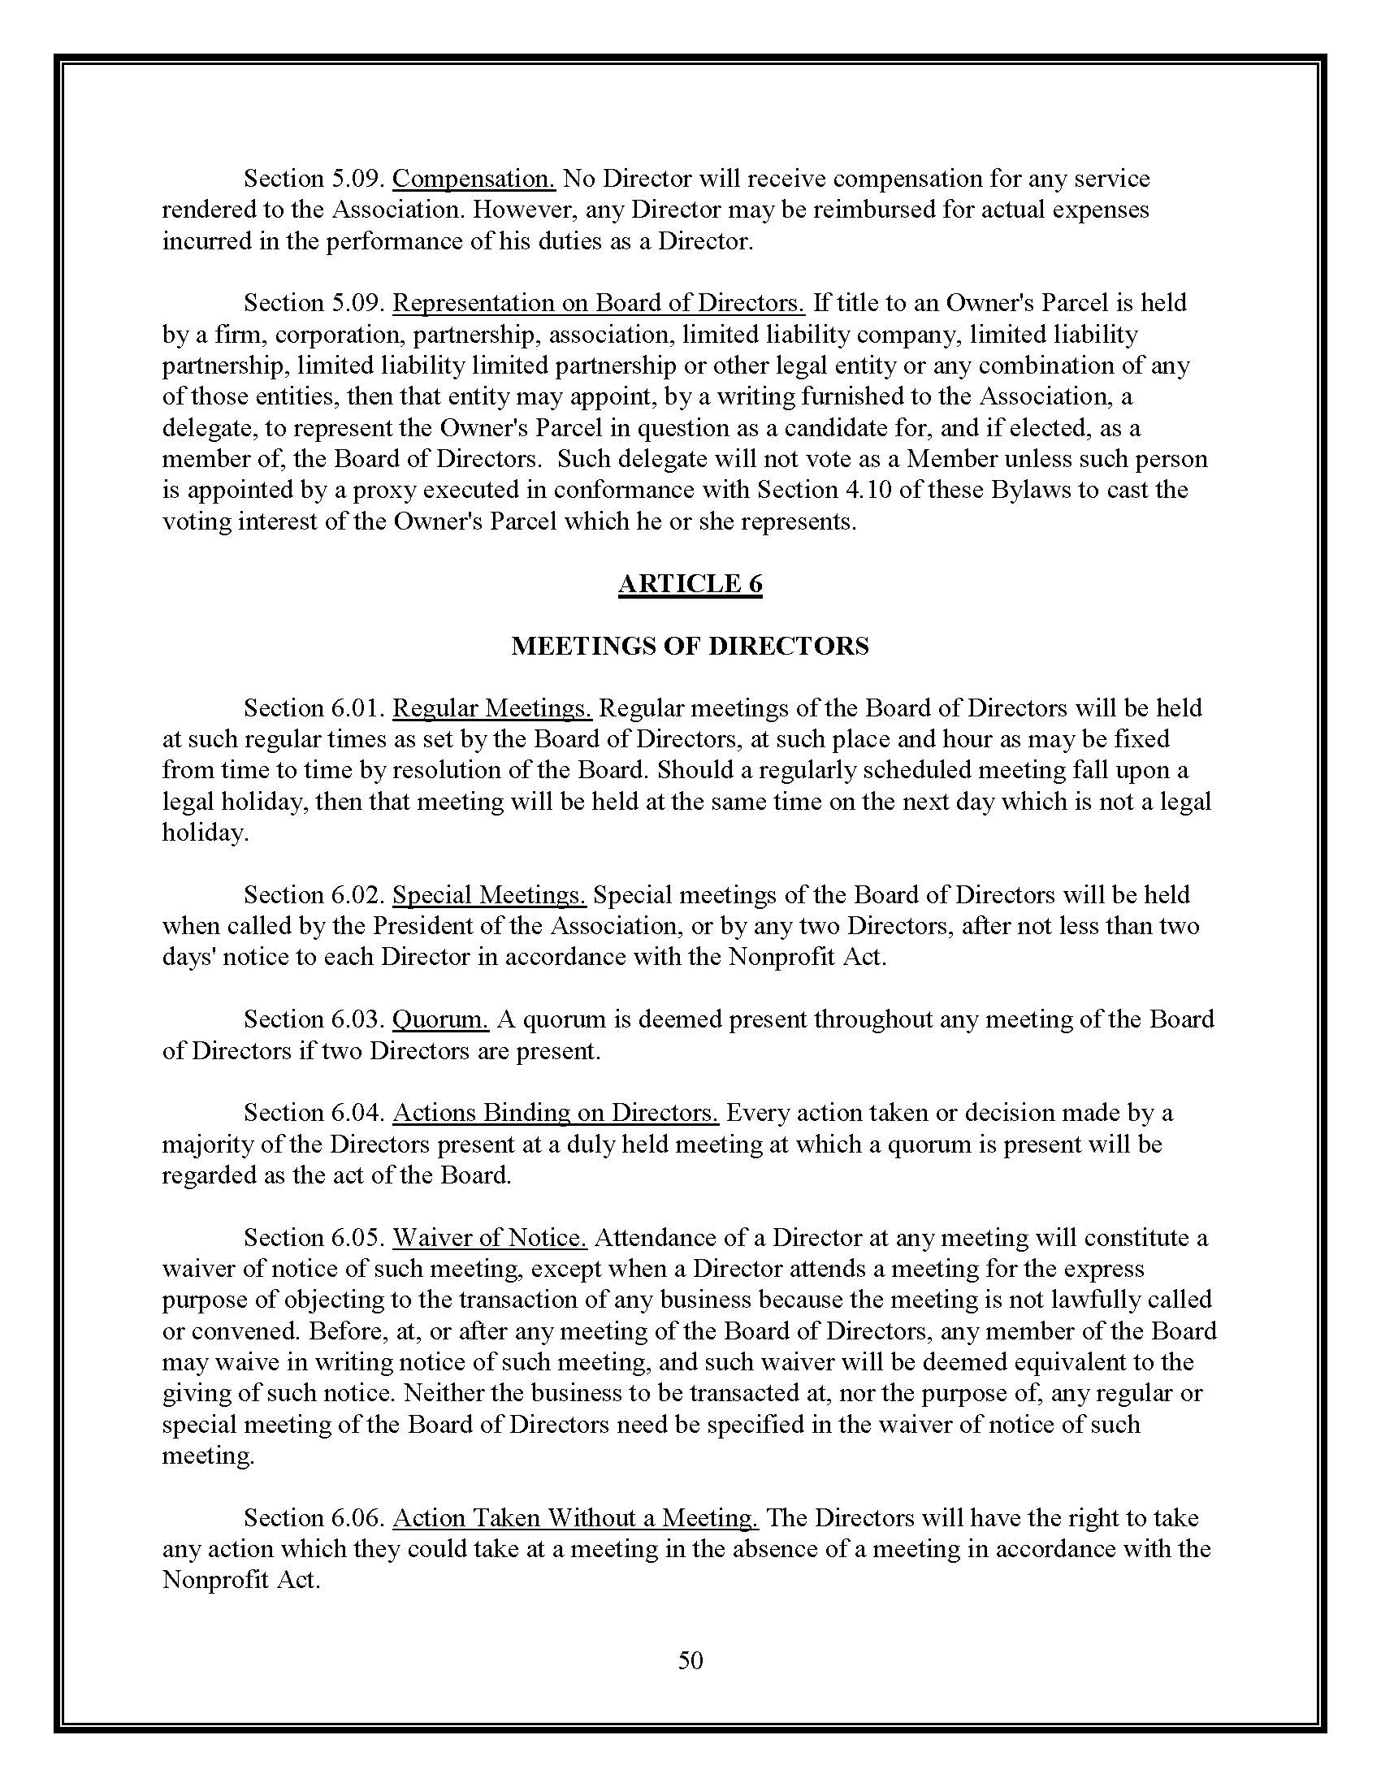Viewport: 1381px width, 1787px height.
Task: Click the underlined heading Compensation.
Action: [x=474, y=179]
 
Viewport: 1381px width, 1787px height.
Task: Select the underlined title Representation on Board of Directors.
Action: [x=599, y=303]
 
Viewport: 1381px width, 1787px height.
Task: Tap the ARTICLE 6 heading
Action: [x=690, y=583]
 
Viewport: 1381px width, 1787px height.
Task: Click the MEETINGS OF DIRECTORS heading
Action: [x=690, y=646]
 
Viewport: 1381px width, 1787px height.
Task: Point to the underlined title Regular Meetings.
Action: [x=491, y=707]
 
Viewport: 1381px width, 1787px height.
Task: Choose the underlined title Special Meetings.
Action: [x=489, y=894]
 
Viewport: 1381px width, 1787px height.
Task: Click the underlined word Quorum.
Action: [x=441, y=1019]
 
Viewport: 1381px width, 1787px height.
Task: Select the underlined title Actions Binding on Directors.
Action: [x=556, y=1113]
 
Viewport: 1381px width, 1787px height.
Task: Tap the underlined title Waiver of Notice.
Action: [x=490, y=1237]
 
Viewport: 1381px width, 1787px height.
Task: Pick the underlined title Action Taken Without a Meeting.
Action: [x=576, y=1518]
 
